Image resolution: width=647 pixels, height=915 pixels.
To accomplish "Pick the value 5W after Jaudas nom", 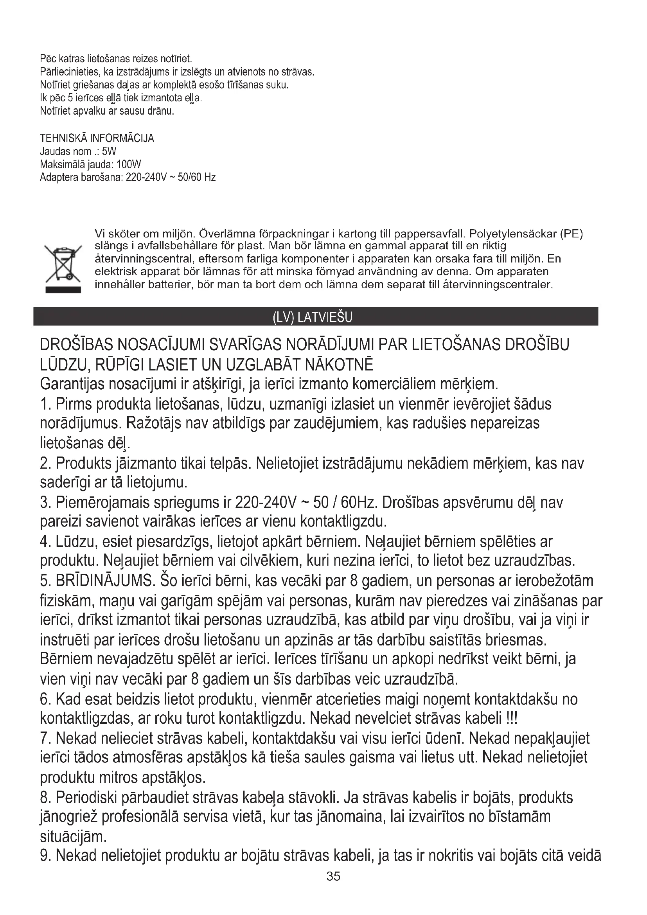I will pos(109,151).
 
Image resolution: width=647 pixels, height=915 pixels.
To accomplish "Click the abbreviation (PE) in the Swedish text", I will pos(571,234).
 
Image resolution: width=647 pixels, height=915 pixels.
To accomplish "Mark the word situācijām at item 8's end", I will pos(73,836).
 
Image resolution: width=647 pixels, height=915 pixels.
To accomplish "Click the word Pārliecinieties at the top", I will pos(65,72).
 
